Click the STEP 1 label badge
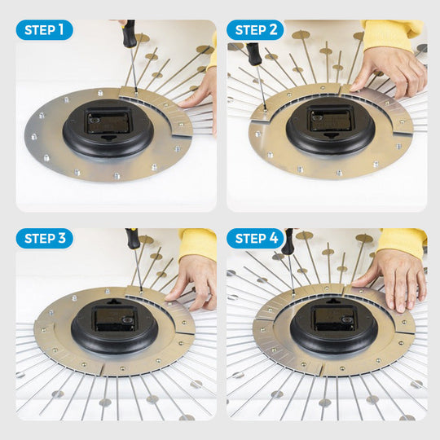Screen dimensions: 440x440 coord(44,30)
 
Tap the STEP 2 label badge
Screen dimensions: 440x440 coord(255,30)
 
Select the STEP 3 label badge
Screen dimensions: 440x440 coord(44,238)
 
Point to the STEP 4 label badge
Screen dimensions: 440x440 coord(255,238)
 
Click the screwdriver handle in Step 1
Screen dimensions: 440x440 coord(129,33)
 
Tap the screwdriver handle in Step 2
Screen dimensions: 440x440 coord(253,54)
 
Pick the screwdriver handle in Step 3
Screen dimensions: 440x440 coord(133,238)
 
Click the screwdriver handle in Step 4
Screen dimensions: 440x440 coord(288,241)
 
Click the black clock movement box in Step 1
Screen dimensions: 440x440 coord(108,122)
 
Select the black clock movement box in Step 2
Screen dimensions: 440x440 coord(331,119)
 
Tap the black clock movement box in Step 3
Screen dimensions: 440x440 coord(115,319)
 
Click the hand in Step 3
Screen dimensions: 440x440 coord(194,280)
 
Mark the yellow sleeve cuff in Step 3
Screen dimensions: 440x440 coord(198,244)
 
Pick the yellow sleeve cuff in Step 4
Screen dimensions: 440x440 coord(402,242)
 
